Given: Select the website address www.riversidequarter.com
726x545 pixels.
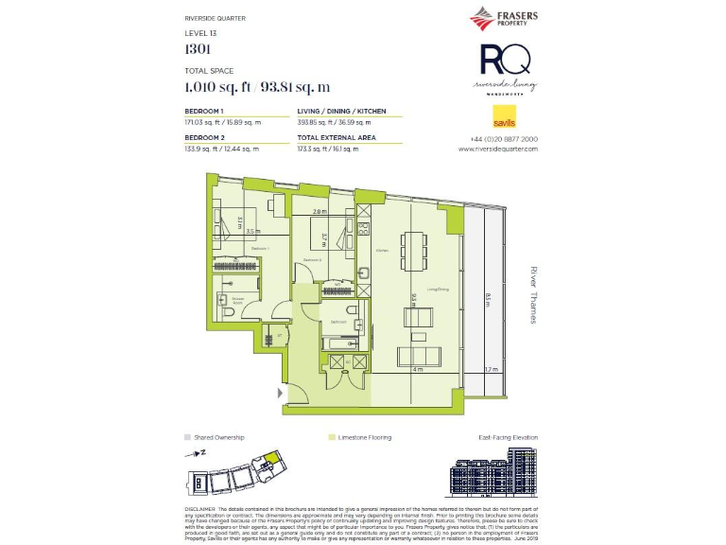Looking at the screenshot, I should click(x=498, y=149).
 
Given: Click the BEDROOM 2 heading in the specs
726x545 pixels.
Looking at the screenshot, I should click(x=204, y=138).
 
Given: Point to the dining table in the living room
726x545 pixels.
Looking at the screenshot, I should click(x=414, y=250).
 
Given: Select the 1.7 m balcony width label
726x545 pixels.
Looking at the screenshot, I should click(x=489, y=370).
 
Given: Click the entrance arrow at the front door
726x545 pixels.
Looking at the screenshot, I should click(x=279, y=392).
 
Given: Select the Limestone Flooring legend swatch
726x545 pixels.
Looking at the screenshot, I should click(x=331, y=438).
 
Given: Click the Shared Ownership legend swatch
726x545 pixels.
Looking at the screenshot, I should click(x=188, y=438).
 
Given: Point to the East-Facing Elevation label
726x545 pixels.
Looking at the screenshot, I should click(x=508, y=438).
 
